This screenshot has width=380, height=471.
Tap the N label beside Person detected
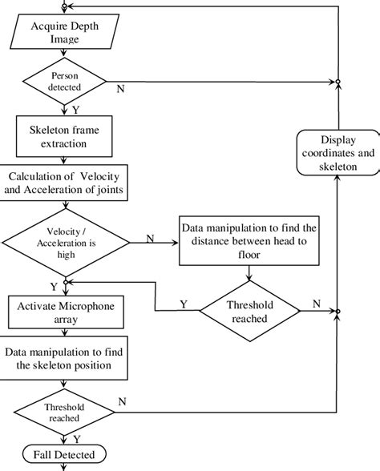(121, 88)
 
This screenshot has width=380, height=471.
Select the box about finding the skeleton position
(67, 358)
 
